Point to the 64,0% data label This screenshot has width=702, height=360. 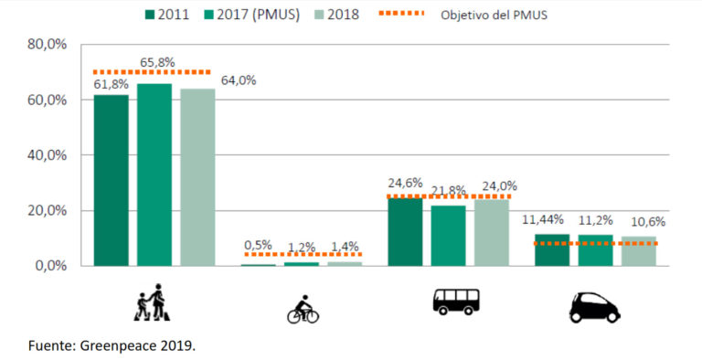coord(238,80)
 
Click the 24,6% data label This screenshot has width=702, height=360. coord(404,183)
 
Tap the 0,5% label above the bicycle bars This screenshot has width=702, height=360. coord(259,245)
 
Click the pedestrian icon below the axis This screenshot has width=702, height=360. coord(153,302)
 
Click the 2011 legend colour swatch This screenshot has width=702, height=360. coord(150,16)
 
